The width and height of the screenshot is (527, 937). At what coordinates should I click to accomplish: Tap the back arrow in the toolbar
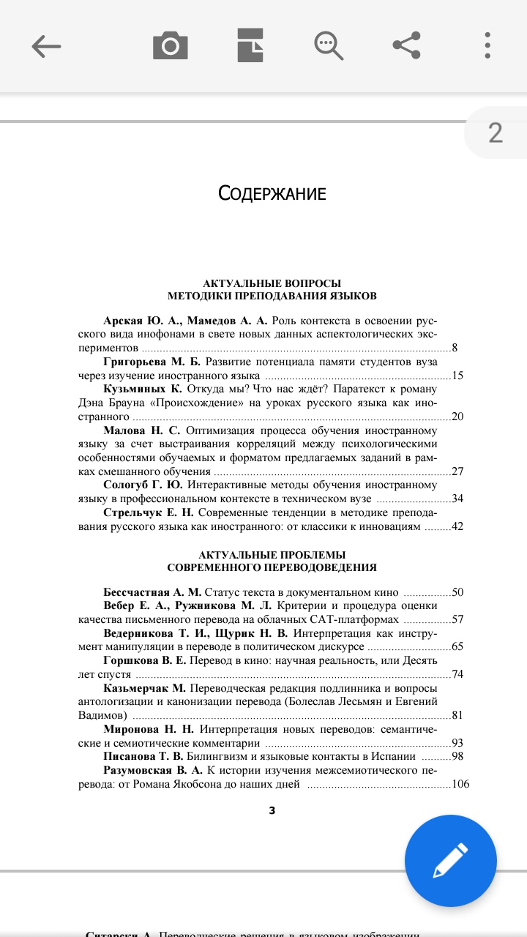click(46, 46)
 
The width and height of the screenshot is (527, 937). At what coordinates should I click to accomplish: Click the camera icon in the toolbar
click(171, 46)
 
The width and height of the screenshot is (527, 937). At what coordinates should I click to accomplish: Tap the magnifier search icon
click(329, 46)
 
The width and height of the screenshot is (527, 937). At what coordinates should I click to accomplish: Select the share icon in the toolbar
click(407, 46)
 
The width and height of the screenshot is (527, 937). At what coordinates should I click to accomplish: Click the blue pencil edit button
click(450, 861)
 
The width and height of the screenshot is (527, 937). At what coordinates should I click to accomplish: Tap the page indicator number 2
click(496, 133)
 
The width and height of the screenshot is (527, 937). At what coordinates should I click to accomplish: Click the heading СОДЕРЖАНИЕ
click(272, 194)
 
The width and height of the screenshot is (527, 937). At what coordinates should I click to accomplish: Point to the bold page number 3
click(272, 810)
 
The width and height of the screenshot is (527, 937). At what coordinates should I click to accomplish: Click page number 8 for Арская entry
click(455, 348)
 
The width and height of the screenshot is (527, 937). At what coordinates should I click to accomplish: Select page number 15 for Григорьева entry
click(458, 376)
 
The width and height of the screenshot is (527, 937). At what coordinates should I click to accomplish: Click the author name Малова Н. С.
click(142, 430)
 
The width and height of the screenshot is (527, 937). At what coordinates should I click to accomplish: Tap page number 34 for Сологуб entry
click(458, 499)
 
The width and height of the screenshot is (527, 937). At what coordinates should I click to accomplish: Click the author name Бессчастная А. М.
click(152, 592)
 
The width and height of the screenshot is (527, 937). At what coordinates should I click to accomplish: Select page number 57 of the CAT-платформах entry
click(458, 619)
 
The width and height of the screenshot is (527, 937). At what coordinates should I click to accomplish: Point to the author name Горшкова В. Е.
click(145, 660)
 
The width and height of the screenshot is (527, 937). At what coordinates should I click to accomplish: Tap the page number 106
click(460, 784)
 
